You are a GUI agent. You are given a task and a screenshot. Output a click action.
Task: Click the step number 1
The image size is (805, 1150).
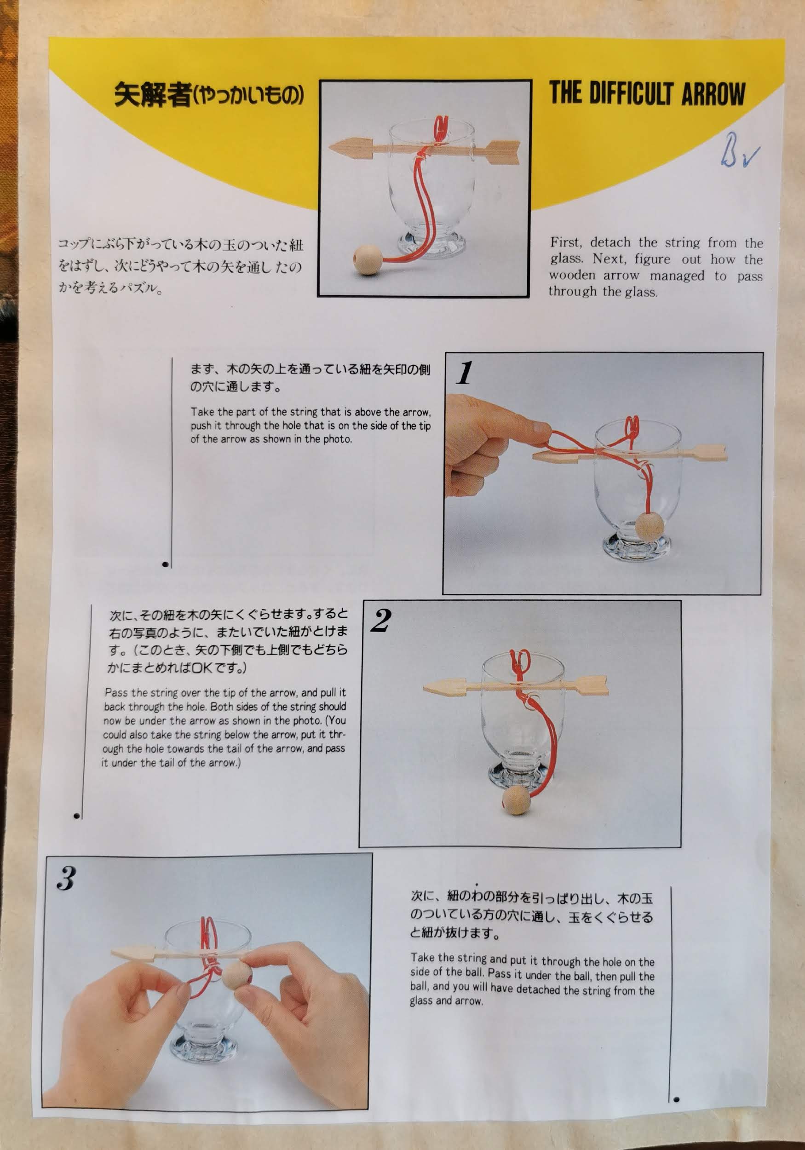(464, 373)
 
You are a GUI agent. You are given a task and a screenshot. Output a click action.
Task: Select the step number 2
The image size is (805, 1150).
(381, 621)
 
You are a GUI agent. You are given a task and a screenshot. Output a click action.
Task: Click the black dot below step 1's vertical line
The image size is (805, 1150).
(165, 564)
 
